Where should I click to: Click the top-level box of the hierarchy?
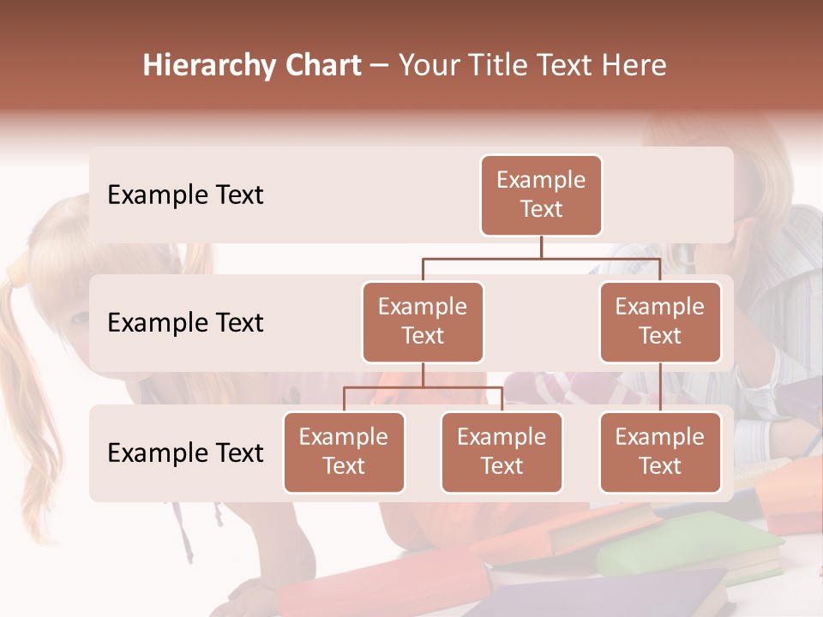pos(541,195)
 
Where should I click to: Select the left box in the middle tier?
pos(423,322)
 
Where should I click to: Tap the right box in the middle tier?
pos(660,322)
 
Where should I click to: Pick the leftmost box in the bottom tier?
pos(344,452)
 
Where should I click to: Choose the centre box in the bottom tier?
pos(502,452)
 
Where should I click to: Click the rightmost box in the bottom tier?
pos(660,452)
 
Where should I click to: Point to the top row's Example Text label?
pos(185,195)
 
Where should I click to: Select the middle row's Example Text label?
pos(185,323)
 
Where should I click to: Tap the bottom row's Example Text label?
pos(185,453)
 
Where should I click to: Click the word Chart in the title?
pos(319,66)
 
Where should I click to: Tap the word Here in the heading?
pos(634,66)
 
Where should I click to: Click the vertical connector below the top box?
pos(541,247)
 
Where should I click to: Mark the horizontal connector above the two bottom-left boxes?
pos(423,387)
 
